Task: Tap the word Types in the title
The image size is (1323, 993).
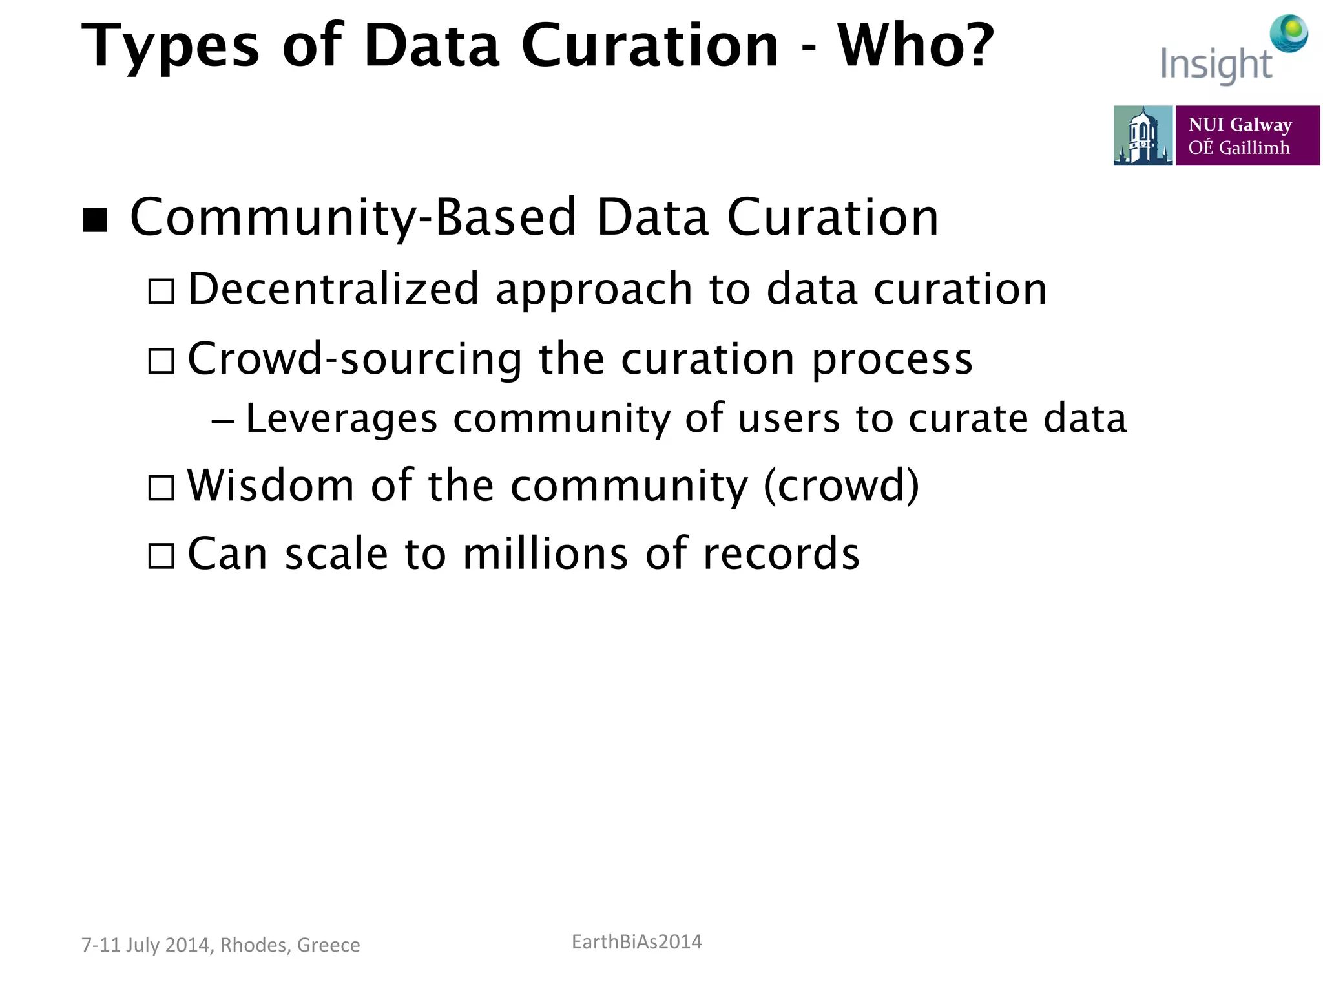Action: [170, 47]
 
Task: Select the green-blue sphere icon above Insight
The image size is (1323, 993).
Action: [1289, 33]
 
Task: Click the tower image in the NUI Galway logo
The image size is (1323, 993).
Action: [1142, 135]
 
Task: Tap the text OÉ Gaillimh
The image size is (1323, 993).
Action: [1238, 148]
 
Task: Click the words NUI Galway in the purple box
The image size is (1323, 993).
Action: [1240, 124]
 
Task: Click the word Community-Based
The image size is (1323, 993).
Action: [353, 218]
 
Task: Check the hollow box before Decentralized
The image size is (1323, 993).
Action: [161, 291]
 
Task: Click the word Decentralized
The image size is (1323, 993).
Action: [333, 289]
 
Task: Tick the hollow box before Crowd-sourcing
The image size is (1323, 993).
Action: [161, 361]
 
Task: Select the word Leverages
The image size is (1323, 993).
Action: [342, 419]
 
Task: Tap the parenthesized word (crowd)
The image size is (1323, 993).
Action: [841, 486]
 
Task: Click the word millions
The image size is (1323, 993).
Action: [545, 554]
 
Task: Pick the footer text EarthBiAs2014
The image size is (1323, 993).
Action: [636, 942]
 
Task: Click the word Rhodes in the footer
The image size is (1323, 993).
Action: [255, 945]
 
